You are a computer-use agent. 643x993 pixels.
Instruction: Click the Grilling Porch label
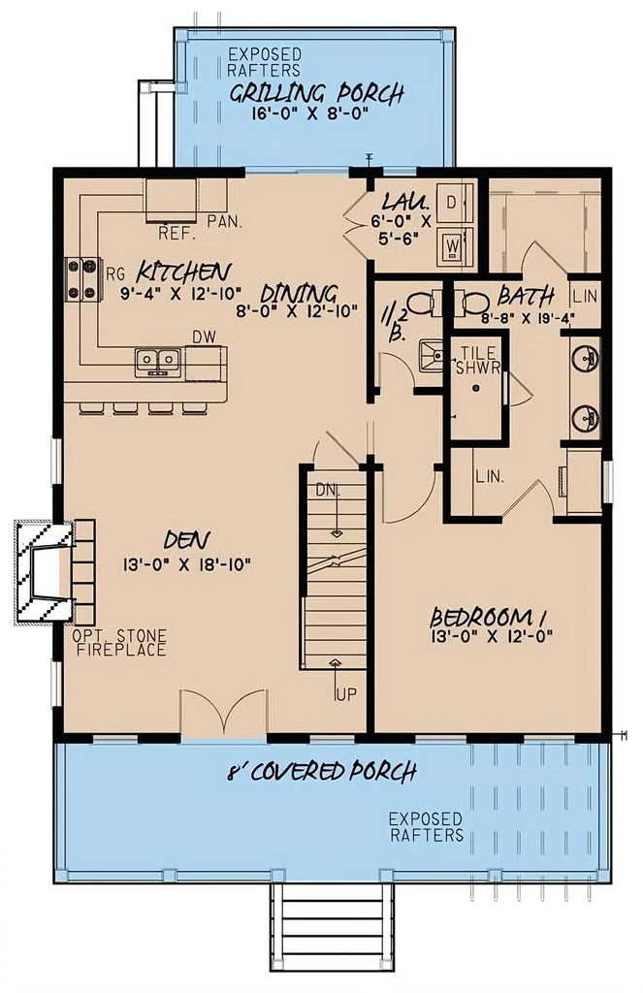tap(316, 94)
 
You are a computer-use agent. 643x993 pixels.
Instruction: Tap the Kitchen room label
tap(183, 270)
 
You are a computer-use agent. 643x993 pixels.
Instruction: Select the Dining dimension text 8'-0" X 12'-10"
tap(299, 312)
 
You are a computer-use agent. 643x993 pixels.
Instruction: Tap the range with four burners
tap(83, 277)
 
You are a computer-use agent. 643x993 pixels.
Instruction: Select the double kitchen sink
tap(158, 361)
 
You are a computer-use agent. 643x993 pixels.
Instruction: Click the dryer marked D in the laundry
tap(452, 203)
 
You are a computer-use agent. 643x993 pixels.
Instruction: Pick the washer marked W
tap(452, 245)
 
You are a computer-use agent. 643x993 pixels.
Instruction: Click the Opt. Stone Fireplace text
tap(119, 643)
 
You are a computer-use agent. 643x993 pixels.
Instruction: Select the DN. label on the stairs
tap(327, 492)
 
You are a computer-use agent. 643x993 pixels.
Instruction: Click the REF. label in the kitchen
tap(177, 234)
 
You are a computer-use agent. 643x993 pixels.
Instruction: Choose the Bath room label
tap(526, 295)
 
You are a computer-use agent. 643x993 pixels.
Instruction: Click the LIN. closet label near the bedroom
tap(489, 476)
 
